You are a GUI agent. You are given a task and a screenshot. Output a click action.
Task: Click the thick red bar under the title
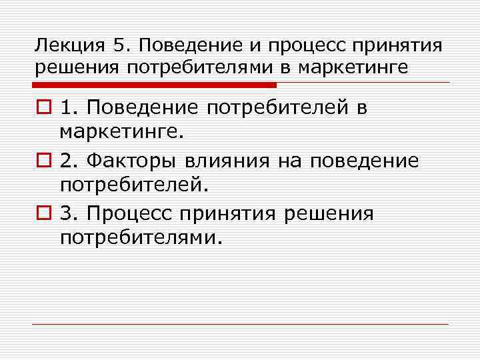tap(153, 85)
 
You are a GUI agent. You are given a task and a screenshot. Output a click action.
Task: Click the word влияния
tap(233, 161)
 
